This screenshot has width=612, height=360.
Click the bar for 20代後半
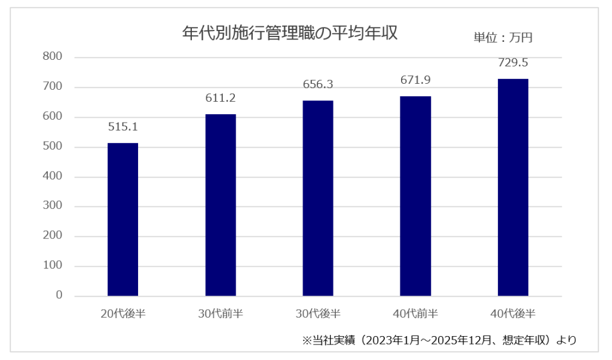coord(123,219)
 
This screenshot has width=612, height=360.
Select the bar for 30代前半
coord(221,205)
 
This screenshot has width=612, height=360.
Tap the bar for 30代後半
coord(318,199)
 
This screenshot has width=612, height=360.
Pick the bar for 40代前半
coord(415,196)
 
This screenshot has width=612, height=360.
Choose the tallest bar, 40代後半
coord(513,187)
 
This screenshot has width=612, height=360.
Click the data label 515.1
coord(123,127)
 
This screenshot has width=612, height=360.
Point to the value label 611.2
coord(221,98)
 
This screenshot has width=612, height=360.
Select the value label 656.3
coord(318,84)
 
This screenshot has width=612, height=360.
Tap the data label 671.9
coord(416,80)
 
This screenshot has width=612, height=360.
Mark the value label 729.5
coord(513,62)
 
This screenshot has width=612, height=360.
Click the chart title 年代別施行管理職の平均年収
coord(290,33)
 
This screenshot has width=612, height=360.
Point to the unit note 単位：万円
coord(503,38)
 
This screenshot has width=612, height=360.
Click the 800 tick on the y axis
coord(53,56)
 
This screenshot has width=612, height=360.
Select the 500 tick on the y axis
coord(53,146)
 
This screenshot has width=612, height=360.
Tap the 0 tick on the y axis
coord(59,295)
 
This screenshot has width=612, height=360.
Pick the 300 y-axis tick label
coord(53,205)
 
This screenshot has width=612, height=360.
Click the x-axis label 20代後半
coord(123,313)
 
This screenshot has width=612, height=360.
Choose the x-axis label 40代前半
coord(415,313)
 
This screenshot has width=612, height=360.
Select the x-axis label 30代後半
coord(318,313)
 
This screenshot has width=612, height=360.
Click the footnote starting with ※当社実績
coord(439,340)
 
